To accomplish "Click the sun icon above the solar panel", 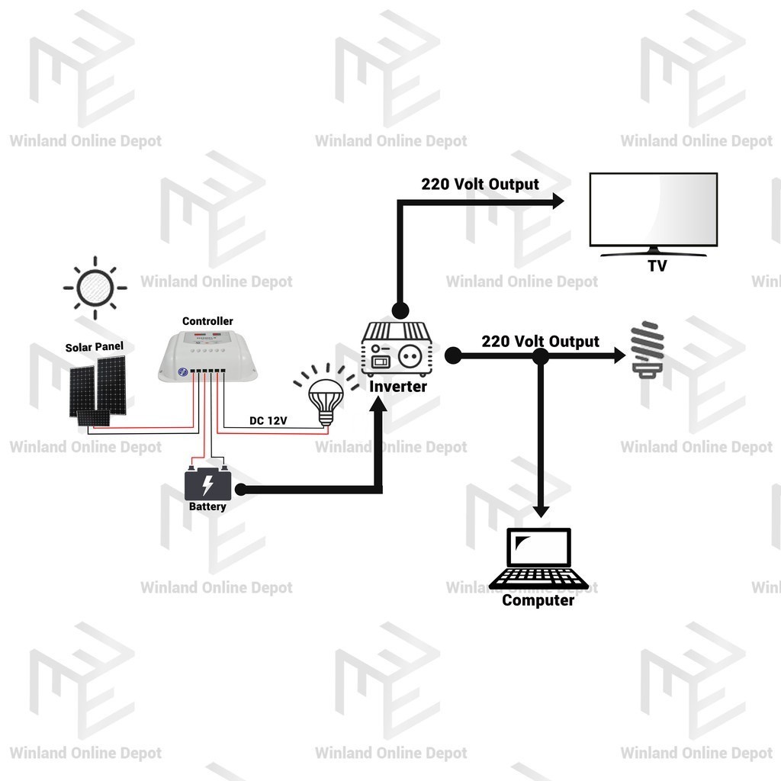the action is pos(95,288).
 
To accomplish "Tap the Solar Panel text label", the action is pos(94,347).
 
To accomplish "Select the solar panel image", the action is pos(98,390).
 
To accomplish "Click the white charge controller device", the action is pos(207,356).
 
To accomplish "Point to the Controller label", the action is pos(207,321).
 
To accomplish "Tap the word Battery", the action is pos(207,506).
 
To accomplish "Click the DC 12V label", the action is pos(268,420).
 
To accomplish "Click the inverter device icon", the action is pos(397,349).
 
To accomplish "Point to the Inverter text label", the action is pos(398,387).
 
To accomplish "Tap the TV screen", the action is pos(654,210).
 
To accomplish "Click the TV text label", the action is pos(657,266).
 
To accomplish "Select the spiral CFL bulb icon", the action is pos(648,349).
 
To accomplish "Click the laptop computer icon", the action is pos(538,559).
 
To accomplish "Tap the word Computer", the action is pos(538,600).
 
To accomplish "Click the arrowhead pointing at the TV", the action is pos(558,201).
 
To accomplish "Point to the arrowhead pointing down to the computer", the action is pos(541,512).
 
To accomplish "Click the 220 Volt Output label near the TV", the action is pos(480,185).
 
